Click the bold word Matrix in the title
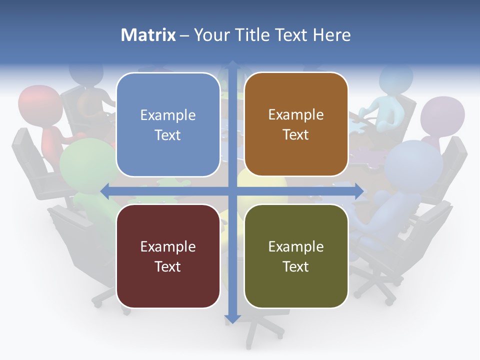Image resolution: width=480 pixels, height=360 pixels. pos(148,35)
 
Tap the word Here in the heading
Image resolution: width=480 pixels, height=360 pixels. pos(332,35)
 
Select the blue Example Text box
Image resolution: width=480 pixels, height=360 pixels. pos(168,124)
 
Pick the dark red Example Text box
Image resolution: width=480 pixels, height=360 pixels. pos(168,256)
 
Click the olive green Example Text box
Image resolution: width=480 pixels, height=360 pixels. pos(296,256)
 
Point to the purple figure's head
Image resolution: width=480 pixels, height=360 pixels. pos(442,115)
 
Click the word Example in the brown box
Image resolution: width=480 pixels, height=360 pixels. pos(296,114)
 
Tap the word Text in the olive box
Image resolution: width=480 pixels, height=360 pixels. pos(296,266)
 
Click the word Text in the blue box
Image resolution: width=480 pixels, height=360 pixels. pos(168,135)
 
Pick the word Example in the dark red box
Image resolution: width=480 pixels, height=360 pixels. pos(168,246)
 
